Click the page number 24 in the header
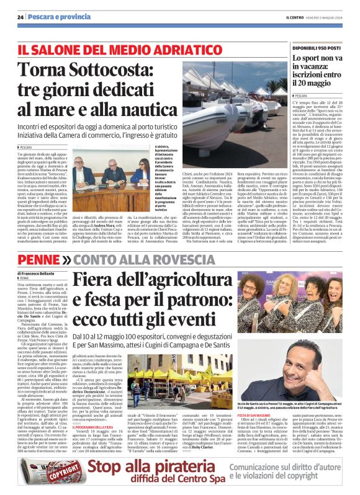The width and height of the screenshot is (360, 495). point(20,17)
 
